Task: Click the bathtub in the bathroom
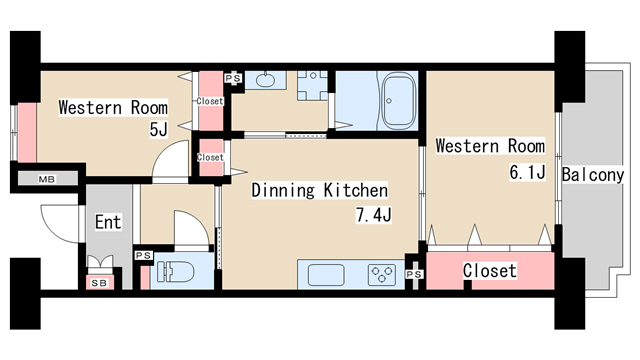399,100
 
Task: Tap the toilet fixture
176,271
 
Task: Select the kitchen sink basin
326,275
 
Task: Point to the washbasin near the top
265,79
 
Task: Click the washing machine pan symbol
313,86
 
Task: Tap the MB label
47,179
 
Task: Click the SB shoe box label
99,283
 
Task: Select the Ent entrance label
108,222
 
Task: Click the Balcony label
593,175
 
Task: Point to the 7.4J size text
374,215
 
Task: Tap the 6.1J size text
527,172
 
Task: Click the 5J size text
159,129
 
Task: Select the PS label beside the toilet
143,256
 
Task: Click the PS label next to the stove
414,274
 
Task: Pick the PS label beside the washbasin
233,78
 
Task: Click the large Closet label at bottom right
490,271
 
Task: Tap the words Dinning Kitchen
320,190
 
